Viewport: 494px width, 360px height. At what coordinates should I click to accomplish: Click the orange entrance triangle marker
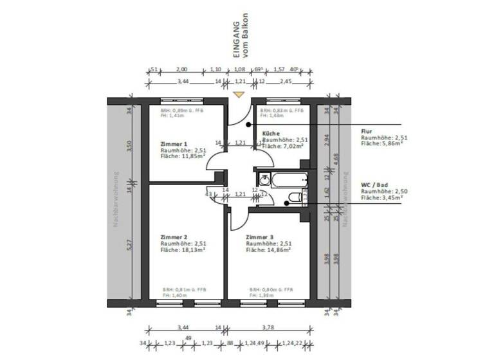(239, 94)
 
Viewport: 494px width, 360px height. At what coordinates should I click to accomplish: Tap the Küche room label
(271, 132)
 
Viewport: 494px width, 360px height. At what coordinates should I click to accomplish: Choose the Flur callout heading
(367, 131)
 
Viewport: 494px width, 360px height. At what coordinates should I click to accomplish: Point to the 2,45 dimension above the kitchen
(286, 82)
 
